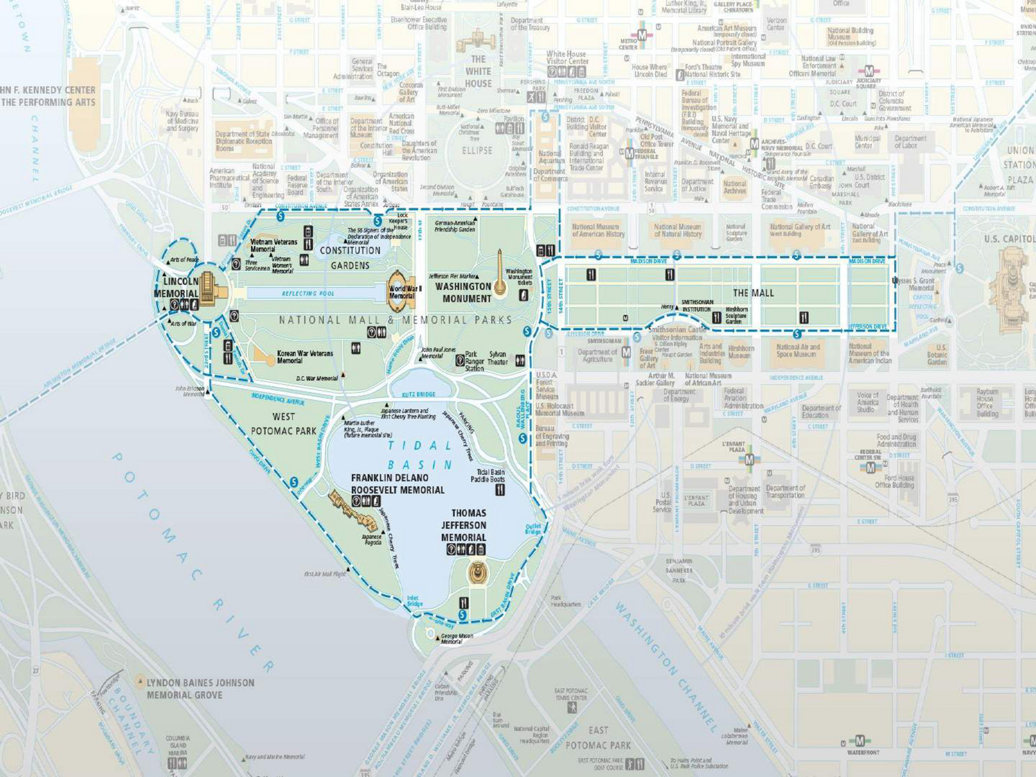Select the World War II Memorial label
tap(405, 292)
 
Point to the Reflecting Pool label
tap(308, 293)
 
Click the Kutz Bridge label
tap(419, 394)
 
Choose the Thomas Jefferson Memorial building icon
tap(478, 573)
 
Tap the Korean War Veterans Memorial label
tap(304, 357)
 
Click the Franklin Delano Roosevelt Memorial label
tap(397, 484)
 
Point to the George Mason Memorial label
tap(457, 639)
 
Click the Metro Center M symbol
tap(642, 35)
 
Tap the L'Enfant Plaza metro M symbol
tap(749, 460)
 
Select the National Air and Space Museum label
tap(798, 350)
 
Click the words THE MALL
tap(753, 293)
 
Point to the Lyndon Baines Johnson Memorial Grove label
tap(200, 688)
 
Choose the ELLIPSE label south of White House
tap(477, 151)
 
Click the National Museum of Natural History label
tap(677, 230)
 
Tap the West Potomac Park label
tap(283, 424)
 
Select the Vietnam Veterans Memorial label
tap(274, 245)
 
